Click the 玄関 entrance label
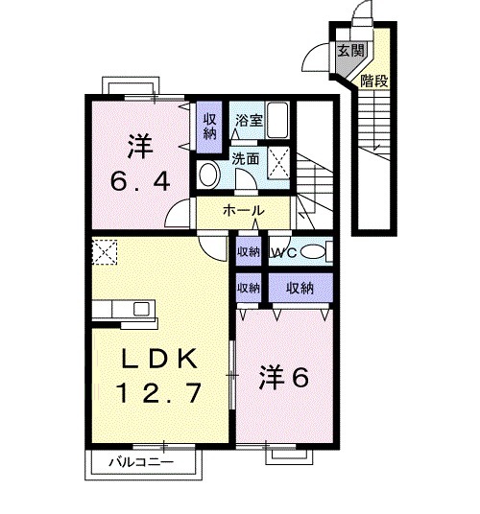point(350,51)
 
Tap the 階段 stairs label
point(374,81)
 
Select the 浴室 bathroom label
point(249,121)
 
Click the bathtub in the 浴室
point(277,120)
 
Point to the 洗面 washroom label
point(246,159)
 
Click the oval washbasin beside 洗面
point(209,175)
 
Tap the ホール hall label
point(243,210)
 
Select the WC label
point(283,252)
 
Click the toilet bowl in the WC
point(313,252)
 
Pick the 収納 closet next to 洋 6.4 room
point(209,127)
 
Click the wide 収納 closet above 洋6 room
point(300,288)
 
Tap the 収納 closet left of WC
point(249,251)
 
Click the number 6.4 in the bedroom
point(140,181)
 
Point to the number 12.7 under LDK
point(158,393)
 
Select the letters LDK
point(159,358)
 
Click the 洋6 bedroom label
point(284,377)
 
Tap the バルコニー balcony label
point(141,462)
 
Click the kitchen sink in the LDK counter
point(142,309)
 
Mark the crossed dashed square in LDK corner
point(105,252)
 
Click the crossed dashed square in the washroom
point(278,163)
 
